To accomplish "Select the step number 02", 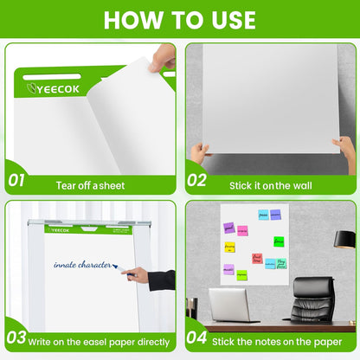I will [197, 180].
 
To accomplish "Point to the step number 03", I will [16, 338].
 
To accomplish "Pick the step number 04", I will [197, 338].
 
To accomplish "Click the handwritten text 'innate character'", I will [81, 265].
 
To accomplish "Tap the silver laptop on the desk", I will [228, 305].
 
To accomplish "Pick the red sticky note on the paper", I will [257, 258].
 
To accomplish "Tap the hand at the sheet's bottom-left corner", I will [200, 153].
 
